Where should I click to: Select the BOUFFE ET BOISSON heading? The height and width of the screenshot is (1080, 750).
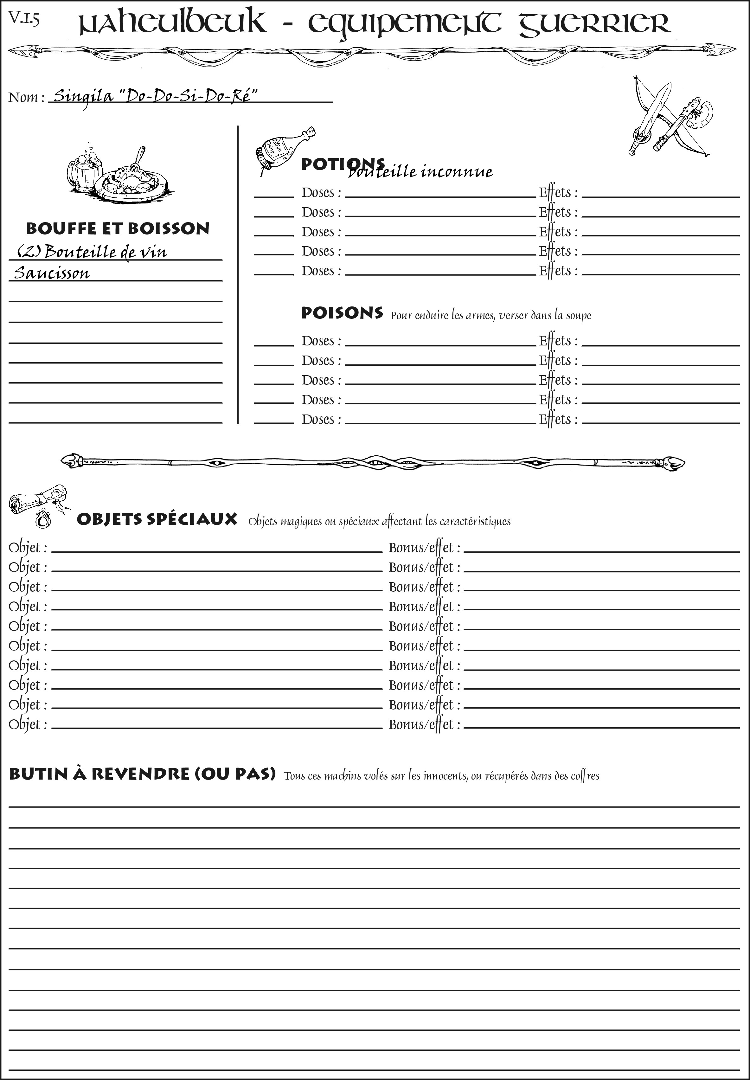pyautogui.click(x=118, y=228)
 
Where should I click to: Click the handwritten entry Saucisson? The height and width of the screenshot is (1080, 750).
pyautogui.click(x=52, y=273)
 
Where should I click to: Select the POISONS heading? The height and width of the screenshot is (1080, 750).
pyautogui.click(x=342, y=313)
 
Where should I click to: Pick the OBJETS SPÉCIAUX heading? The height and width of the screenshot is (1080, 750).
pyautogui.click(x=157, y=519)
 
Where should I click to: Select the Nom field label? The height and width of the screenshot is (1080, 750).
pyautogui.click(x=26, y=97)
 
